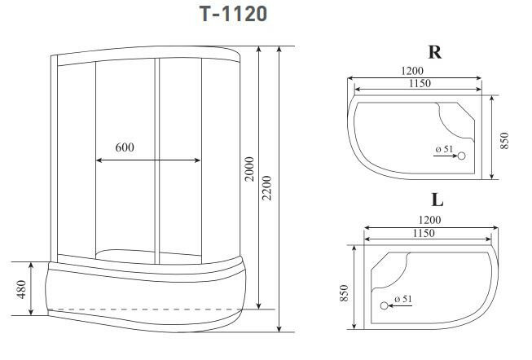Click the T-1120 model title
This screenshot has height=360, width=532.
click(233, 14)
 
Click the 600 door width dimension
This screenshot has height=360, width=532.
click(125, 147)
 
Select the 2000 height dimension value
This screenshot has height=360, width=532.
click(249, 169)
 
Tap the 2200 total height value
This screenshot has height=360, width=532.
click(267, 187)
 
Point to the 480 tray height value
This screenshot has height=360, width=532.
click(21, 289)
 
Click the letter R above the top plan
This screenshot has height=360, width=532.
click(435, 52)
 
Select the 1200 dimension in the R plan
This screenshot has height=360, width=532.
click(412, 71)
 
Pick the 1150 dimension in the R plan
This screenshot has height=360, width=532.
click(420, 83)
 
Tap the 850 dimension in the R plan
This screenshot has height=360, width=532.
click(504, 140)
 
